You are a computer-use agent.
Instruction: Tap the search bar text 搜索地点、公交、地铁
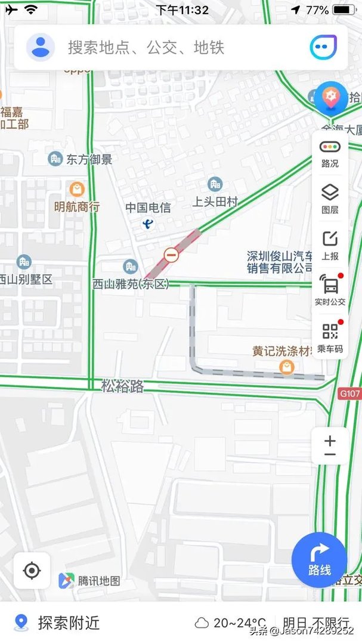146,48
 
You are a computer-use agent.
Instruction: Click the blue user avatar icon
41,47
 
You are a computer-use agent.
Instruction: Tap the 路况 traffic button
330,153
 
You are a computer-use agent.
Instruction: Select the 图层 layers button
330,199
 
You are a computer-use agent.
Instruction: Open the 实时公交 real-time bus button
330,290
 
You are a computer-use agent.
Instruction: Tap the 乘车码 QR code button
330,338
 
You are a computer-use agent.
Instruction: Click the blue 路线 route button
319,560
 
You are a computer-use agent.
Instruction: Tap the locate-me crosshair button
32,571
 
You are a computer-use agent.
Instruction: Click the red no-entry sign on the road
172,255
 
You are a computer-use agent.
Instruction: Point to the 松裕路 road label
122,386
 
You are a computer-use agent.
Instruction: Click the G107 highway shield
349,394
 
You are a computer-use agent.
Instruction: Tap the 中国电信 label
148,208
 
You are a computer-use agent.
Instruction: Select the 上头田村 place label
215,202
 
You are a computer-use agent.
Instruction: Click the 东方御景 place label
89,159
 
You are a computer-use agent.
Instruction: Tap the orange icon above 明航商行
77,190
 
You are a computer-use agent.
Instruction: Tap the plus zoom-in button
330,441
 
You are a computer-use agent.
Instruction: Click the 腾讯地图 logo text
99,581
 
